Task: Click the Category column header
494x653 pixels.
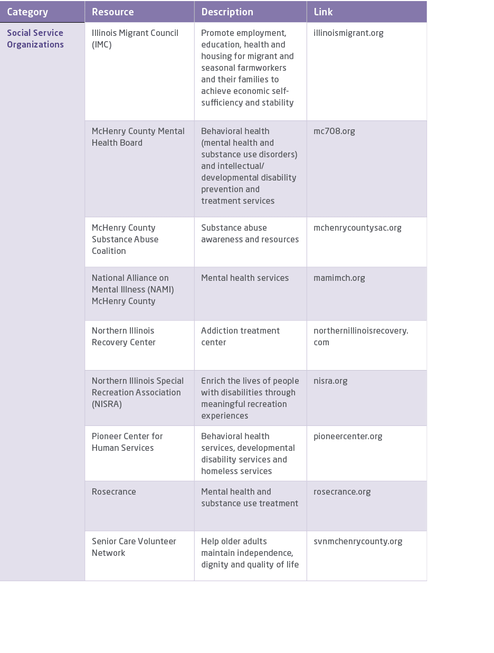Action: click(27, 12)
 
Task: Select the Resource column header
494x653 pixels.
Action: click(113, 12)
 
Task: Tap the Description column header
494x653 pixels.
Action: click(227, 12)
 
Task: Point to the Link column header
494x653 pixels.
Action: click(323, 12)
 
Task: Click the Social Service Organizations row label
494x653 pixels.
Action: click(35, 39)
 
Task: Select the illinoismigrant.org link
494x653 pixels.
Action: click(348, 33)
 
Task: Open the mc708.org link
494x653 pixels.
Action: click(334, 131)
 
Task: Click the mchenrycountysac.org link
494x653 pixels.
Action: click(357, 228)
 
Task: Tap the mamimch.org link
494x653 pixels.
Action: click(339, 278)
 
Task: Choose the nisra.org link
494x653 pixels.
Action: click(330, 381)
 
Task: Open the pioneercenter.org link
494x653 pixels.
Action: click(348, 436)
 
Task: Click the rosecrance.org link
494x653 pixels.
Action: click(342, 491)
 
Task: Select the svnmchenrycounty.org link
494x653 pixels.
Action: click(358, 541)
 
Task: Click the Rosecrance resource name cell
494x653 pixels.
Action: click(114, 491)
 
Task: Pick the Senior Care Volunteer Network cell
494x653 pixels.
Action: click(134, 547)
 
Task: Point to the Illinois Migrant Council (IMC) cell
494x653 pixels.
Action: click(135, 39)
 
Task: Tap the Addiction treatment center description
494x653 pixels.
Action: click(240, 336)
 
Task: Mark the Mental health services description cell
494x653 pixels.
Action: click(245, 278)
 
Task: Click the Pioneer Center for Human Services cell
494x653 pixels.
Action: click(127, 442)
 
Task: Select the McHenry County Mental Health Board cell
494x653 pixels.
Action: click(138, 137)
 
